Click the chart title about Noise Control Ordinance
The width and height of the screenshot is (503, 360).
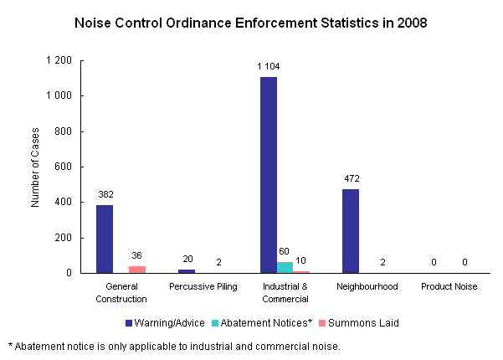click(x=251, y=23)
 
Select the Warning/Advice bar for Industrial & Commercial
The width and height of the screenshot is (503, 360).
click(x=269, y=175)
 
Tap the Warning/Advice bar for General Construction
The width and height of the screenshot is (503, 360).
click(x=105, y=239)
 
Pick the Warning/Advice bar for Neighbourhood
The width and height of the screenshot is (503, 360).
click(x=351, y=231)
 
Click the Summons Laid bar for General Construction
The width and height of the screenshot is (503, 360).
click(x=136, y=270)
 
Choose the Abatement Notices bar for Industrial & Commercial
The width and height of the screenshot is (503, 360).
click(x=285, y=267)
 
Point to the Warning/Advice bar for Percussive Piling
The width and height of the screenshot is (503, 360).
click(x=187, y=270)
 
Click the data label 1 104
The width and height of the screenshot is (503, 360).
click(x=269, y=65)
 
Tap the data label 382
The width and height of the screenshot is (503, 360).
click(x=105, y=193)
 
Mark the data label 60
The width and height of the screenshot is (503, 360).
click(x=285, y=250)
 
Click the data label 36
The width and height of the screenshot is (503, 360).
click(x=136, y=255)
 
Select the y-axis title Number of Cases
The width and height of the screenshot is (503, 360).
click(x=36, y=167)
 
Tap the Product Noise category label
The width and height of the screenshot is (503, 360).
click(x=449, y=287)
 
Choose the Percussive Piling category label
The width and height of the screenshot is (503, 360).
click(x=203, y=287)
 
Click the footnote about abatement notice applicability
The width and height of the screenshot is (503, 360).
click(x=174, y=346)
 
